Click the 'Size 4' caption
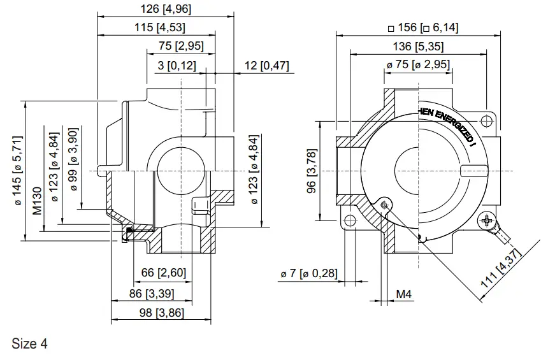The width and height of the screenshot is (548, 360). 29,344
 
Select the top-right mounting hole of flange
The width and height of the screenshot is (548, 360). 487,120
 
